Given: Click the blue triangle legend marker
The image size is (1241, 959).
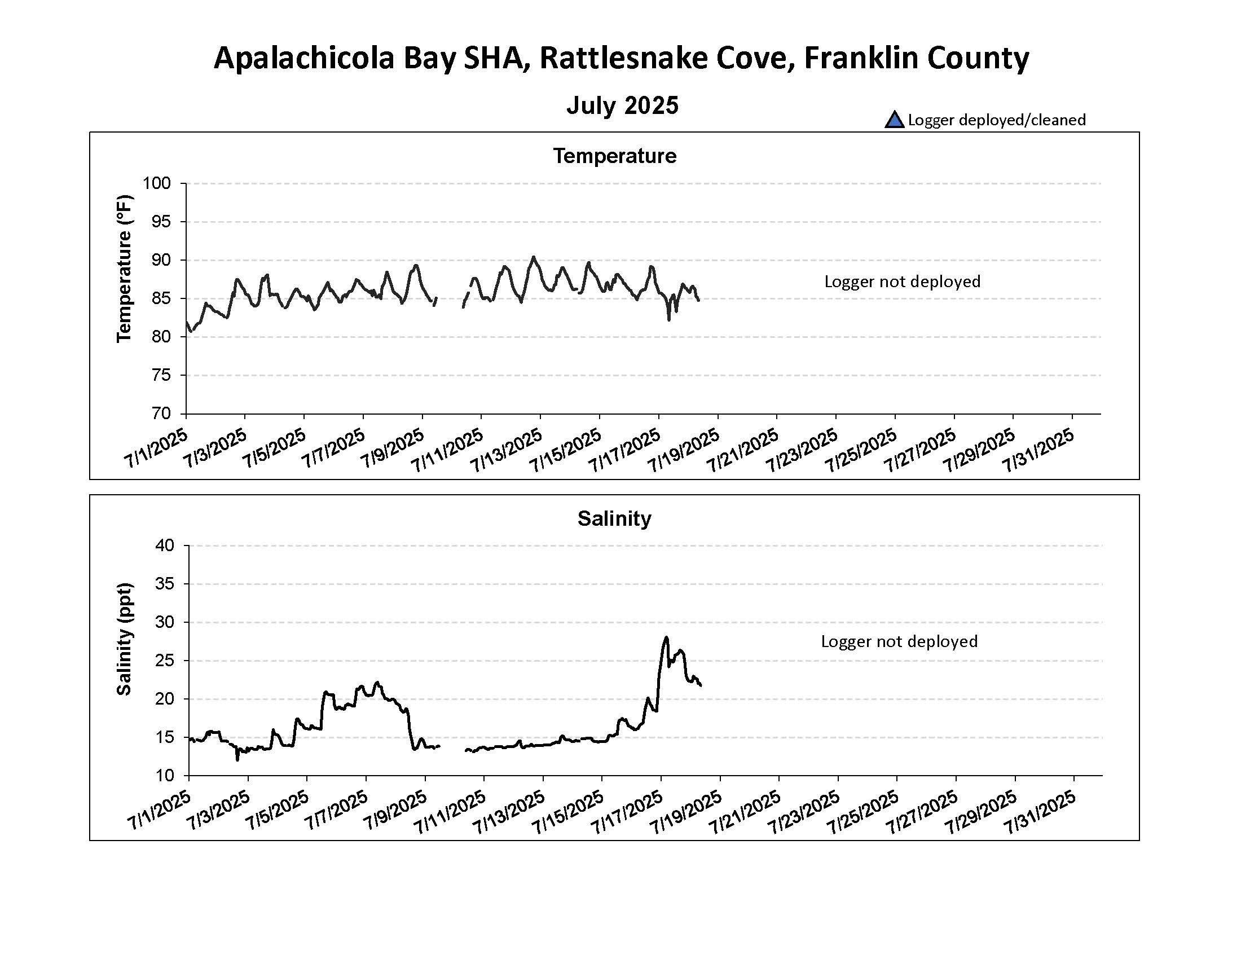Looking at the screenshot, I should tap(894, 120).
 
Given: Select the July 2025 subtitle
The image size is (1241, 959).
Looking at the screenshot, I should tap(622, 105).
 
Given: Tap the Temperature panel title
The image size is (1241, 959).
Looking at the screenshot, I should tap(615, 156).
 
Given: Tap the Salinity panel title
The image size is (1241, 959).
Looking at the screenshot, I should tap(614, 518).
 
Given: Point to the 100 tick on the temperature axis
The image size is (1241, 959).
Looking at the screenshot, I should tap(157, 183).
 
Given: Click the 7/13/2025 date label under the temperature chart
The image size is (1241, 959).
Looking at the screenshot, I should tap(508, 450).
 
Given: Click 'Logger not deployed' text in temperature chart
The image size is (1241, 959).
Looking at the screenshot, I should tap(902, 281).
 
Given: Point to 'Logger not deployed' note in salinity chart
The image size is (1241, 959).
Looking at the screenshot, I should tap(899, 641).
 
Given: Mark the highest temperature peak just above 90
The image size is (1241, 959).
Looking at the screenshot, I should tap(533, 257).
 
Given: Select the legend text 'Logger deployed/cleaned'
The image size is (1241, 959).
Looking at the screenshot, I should tap(996, 120).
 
